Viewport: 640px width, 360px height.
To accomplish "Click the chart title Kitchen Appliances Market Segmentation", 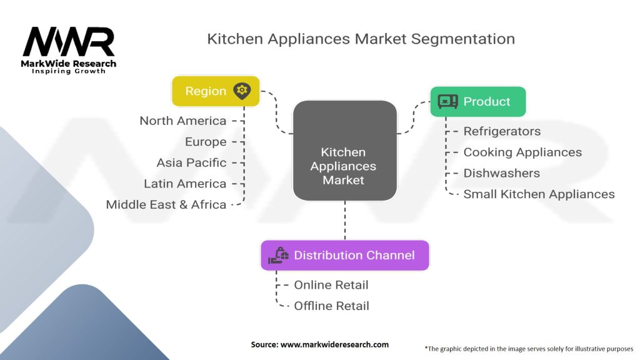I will click(361, 39).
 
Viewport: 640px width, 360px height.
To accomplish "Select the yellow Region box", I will click(216, 91).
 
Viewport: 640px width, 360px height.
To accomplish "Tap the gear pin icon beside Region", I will click(242, 91).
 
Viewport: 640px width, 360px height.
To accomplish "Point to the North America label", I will click(182, 121).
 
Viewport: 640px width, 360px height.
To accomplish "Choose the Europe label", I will click(206, 142).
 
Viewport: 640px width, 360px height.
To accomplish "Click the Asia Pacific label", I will click(191, 162).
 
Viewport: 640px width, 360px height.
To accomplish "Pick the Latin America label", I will click(185, 184).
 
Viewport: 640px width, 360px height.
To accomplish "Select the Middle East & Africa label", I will click(166, 204).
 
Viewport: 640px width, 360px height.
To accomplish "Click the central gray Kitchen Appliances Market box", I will click(344, 151).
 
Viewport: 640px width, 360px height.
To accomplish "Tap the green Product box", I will click(477, 101).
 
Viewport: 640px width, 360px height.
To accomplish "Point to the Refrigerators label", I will click(502, 131).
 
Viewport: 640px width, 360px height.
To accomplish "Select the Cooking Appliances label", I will click(522, 152).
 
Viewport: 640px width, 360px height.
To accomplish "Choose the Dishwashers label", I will click(501, 173).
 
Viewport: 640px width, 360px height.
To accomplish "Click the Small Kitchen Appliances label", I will click(539, 194).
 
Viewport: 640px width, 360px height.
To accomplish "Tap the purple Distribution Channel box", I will click(344, 255).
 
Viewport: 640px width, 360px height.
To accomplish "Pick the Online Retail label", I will click(331, 285).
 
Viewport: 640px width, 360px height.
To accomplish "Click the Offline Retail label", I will click(331, 306).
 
